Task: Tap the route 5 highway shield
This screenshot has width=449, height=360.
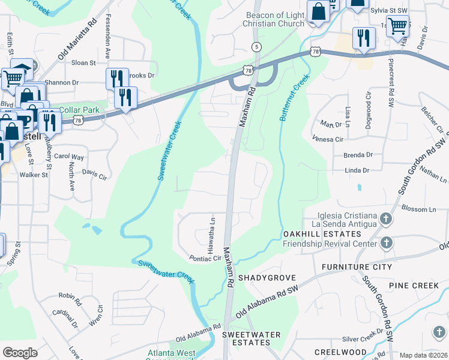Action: pyautogui.click(x=256, y=46)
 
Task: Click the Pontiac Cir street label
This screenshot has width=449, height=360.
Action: pyautogui.click(x=205, y=258)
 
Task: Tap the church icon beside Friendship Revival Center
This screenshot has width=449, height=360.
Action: pyautogui.click(x=387, y=243)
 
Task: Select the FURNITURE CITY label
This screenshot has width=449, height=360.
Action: pyautogui.click(x=357, y=266)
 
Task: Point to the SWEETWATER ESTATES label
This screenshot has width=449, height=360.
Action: pyautogui.click(x=246, y=338)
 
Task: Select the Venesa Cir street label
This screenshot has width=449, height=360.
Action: pyautogui.click(x=328, y=139)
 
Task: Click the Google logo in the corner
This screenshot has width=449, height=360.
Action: pyautogui.click(x=20, y=352)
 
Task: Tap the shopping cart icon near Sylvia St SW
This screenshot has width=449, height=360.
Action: pyautogui.click(x=397, y=26)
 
